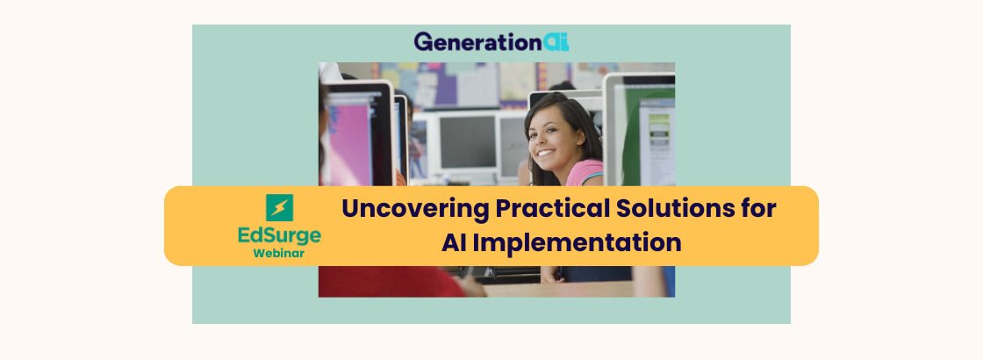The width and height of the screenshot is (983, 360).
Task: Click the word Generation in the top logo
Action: point(477,42)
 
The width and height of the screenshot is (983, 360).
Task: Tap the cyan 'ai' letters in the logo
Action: point(556,42)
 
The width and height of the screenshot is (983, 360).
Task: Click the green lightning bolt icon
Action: point(279,207)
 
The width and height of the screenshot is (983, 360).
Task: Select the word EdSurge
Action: point(280,236)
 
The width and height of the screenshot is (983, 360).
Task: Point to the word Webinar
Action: point(279,254)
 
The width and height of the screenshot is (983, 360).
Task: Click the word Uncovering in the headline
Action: point(415,209)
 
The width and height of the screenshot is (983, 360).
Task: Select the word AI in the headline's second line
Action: point(452,242)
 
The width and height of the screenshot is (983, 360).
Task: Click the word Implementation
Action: point(576,243)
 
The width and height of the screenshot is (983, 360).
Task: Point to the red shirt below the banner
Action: point(391,281)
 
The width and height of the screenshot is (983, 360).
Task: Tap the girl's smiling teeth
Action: point(546,153)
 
